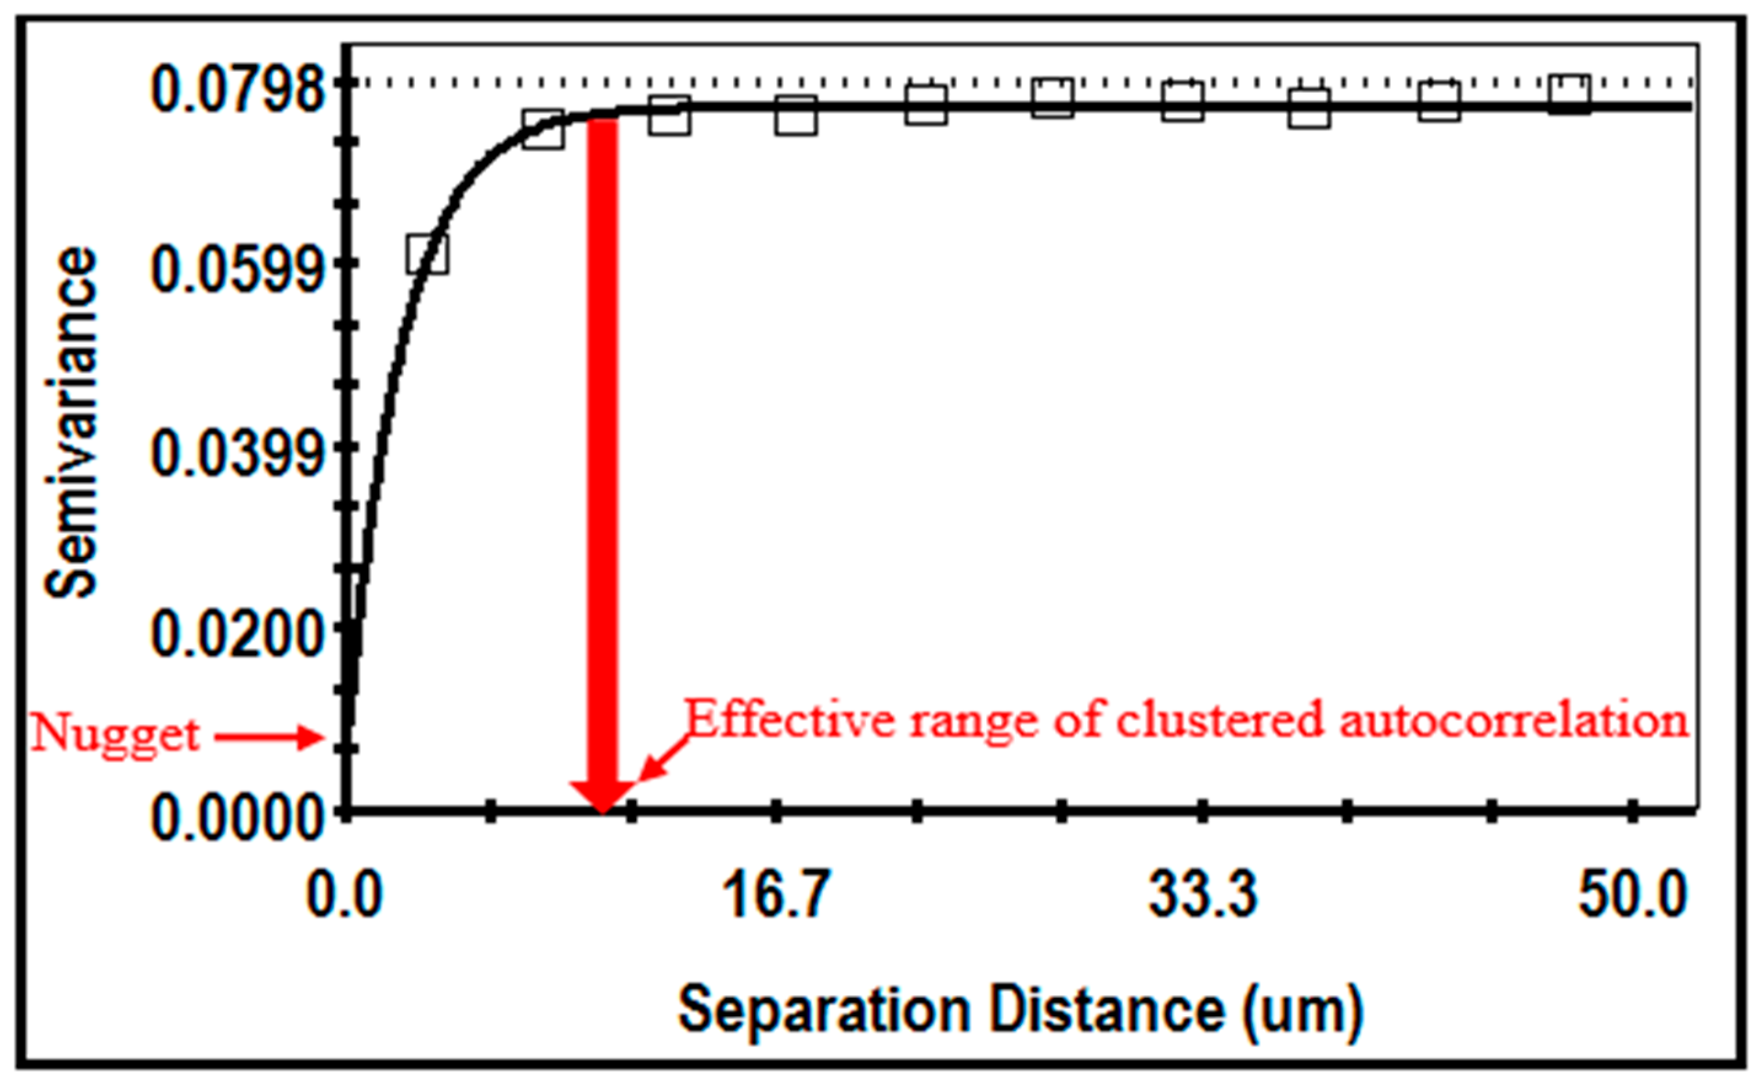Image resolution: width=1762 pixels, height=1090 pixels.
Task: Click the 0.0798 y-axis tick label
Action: coord(237,91)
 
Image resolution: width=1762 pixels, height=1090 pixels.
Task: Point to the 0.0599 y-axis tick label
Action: coord(237,272)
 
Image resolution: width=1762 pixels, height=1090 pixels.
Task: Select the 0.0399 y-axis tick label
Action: coord(237,454)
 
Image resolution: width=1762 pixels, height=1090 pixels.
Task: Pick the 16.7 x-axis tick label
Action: coord(776,895)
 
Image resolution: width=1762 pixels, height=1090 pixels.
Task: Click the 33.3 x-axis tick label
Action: coord(1202,895)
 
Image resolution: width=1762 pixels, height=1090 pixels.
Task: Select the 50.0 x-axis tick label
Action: coord(1633,895)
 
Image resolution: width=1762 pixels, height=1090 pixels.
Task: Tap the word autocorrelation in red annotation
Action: coord(1513,720)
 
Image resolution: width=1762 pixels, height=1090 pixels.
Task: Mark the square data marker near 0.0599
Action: coord(427,254)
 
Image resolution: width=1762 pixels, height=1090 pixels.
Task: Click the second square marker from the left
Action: coord(543,130)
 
